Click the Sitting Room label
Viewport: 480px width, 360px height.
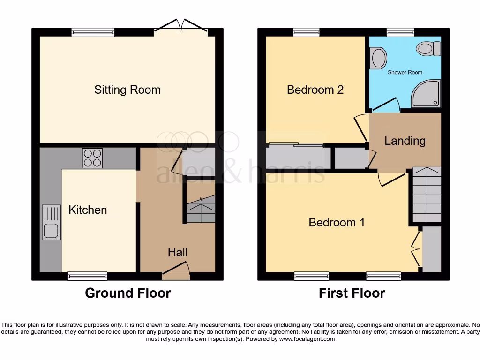(127, 90)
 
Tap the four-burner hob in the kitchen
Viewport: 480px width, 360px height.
(92, 158)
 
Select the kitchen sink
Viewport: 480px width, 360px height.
(51, 222)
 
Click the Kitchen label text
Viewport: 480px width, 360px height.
(88, 210)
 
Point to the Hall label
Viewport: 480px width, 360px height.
(178, 252)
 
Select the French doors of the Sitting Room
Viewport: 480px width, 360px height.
(181, 27)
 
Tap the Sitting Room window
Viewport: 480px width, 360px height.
(93, 32)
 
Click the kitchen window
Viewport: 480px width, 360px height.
(88, 276)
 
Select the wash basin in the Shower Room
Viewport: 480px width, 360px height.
(378, 59)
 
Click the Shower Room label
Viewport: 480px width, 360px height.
(405, 72)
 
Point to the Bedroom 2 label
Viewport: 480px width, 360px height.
(315, 90)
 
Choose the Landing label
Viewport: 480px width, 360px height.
(405, 141)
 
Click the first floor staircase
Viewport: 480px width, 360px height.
(427, 195)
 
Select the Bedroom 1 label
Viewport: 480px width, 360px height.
(337, 222)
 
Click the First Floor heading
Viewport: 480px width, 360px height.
(352, 293)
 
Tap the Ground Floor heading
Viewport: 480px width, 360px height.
(127, 293)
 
